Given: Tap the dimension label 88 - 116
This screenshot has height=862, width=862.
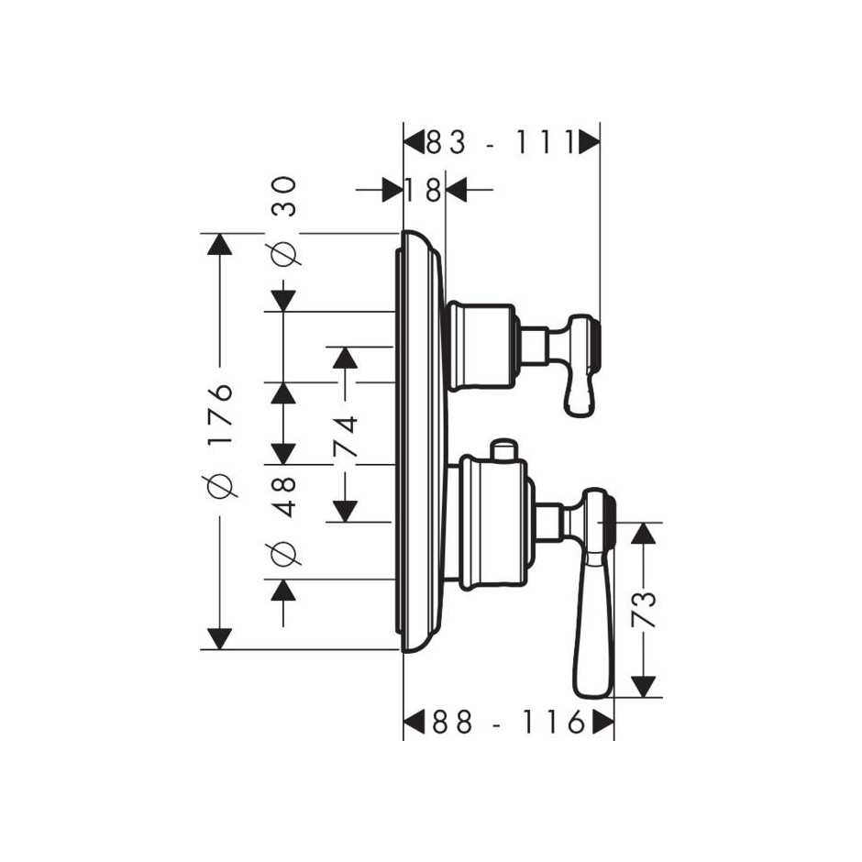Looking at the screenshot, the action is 508,722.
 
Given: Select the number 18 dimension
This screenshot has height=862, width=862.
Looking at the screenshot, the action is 424,190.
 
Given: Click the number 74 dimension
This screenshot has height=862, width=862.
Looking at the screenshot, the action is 345,437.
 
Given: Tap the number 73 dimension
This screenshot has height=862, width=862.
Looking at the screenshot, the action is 645,609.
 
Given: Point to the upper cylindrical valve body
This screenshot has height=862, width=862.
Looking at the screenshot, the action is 482,347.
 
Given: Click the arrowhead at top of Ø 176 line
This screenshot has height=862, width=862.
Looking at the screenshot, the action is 220,244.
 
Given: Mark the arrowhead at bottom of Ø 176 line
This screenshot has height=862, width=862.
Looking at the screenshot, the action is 220,639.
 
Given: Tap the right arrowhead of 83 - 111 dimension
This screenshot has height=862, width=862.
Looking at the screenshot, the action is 589,143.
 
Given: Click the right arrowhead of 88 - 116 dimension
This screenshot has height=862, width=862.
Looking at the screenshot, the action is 603,722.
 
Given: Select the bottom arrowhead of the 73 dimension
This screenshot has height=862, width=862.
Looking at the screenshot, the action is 643,687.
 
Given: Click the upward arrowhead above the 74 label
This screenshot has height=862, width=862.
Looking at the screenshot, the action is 345,358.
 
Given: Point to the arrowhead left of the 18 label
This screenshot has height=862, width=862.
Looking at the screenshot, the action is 392,190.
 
